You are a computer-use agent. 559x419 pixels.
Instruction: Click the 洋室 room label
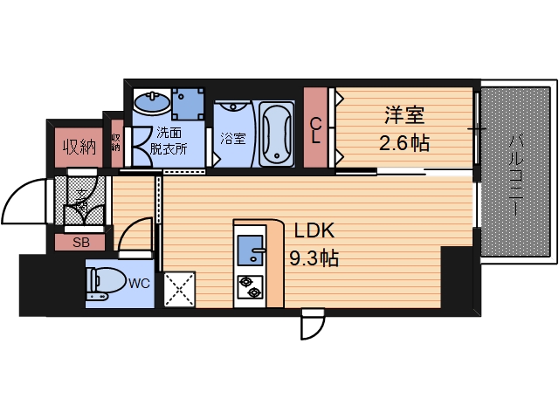click(x=404, y=114)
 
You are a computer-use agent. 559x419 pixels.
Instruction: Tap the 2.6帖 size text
click(x=404, y=141)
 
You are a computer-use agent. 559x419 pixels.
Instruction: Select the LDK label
click(x=313, y=231)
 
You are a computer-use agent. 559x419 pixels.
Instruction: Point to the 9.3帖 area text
click(x=314, y=258)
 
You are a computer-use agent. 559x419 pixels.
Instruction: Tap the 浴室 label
click(x=232, y=138)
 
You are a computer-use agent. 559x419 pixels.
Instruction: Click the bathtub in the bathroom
click(x=277, y=134)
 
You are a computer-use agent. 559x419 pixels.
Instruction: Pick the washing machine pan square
click(x=188, y=104)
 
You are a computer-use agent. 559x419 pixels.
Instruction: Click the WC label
click(x=138, y=282)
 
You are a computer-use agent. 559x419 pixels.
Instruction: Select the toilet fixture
click(x=103, y=284)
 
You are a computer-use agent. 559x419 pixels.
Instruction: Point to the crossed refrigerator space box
click(x=179, y=289)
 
